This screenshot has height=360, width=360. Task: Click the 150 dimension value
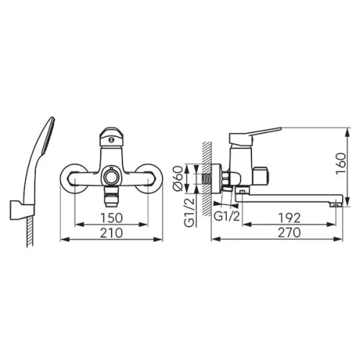coord(112,218)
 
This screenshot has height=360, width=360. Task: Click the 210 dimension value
coord(112,233)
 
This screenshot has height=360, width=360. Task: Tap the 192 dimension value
coord(289,218)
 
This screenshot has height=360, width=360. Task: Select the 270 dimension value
coord(289,233)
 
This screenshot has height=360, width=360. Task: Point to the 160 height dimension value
coord(341,163)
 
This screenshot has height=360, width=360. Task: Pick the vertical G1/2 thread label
coord(189,213)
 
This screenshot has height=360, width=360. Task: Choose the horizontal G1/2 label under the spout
coord(227,217)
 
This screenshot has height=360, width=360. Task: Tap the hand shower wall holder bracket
coord(22,210)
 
